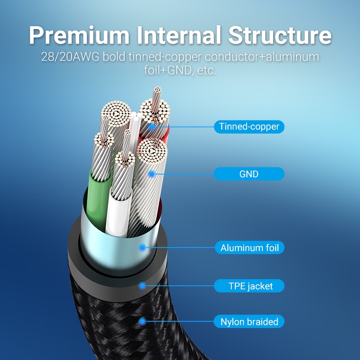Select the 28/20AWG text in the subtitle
(70, 58)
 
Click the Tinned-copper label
(249, 126)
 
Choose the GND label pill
(249, 174)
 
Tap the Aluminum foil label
(249, 247)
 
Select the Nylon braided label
(249, 322)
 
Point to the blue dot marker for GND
(152, 174)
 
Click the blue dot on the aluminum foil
(143, 247)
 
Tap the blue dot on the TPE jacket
(143, 285)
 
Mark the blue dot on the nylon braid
(143, 321)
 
